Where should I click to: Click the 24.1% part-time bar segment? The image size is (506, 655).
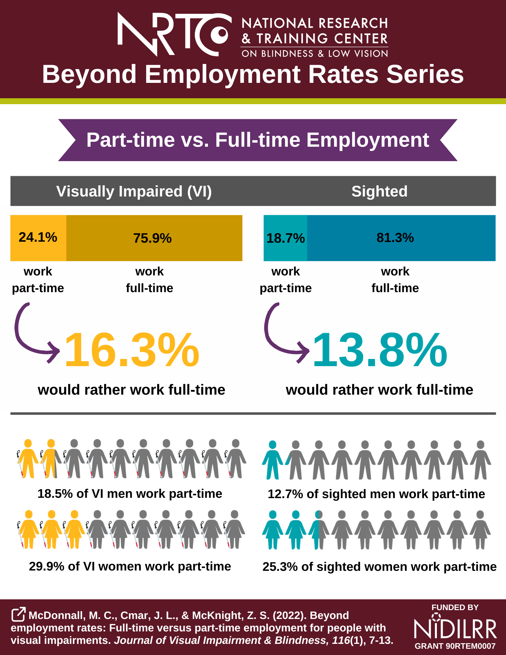38,238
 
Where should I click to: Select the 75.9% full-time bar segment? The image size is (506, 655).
154,238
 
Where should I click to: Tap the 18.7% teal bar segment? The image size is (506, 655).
285,238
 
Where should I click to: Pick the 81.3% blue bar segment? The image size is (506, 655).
401,238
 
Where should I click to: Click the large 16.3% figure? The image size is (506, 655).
132,350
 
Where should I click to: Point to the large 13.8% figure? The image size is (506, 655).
380,350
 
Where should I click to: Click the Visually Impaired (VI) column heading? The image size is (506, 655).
134,191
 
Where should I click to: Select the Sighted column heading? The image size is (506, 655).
379,191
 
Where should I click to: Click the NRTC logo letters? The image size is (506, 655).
174,34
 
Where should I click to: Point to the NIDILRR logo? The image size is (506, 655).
455,628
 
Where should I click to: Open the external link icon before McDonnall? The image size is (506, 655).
18,614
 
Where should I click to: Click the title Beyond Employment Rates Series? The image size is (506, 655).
253,74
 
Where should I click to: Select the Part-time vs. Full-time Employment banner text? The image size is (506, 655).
257,140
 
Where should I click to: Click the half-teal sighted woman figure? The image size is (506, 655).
319,529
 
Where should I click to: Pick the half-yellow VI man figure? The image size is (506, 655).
51,458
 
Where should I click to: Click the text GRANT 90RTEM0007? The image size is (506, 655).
455,646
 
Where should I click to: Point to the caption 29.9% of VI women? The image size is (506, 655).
130,566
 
